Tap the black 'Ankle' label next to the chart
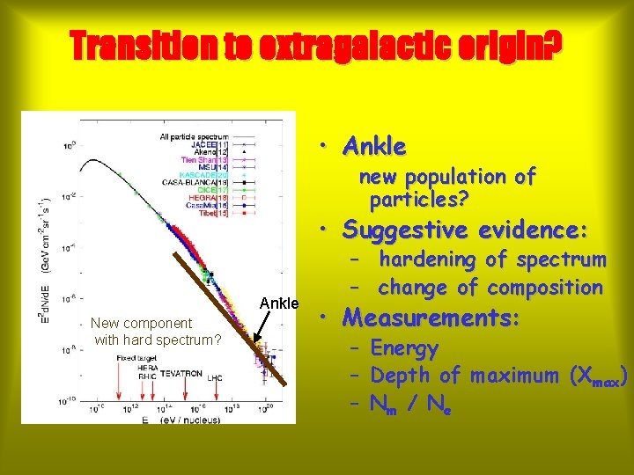pos(281,304)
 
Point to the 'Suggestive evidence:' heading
pos(465,230)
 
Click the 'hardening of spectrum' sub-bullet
pos(492,259)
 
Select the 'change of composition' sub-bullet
pos(490,288)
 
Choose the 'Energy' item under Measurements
pos(404,348)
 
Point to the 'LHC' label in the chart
pos(216,378)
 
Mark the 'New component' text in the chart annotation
pos(141,324)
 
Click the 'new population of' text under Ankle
pos(446,177)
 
